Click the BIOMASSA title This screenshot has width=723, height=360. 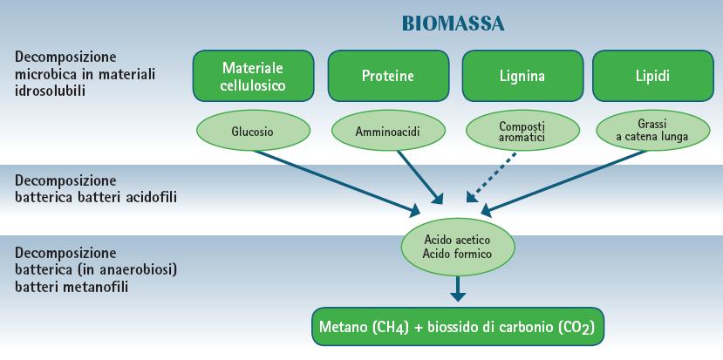454,23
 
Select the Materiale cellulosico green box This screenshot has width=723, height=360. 254,76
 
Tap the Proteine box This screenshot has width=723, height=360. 387,76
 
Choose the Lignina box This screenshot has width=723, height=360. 521,76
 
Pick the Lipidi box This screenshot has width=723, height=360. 652,76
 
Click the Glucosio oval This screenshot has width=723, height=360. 253,132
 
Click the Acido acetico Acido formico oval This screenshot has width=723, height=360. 458,246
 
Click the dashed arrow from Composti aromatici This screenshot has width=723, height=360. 492,176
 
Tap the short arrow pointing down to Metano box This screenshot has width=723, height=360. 458,288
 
